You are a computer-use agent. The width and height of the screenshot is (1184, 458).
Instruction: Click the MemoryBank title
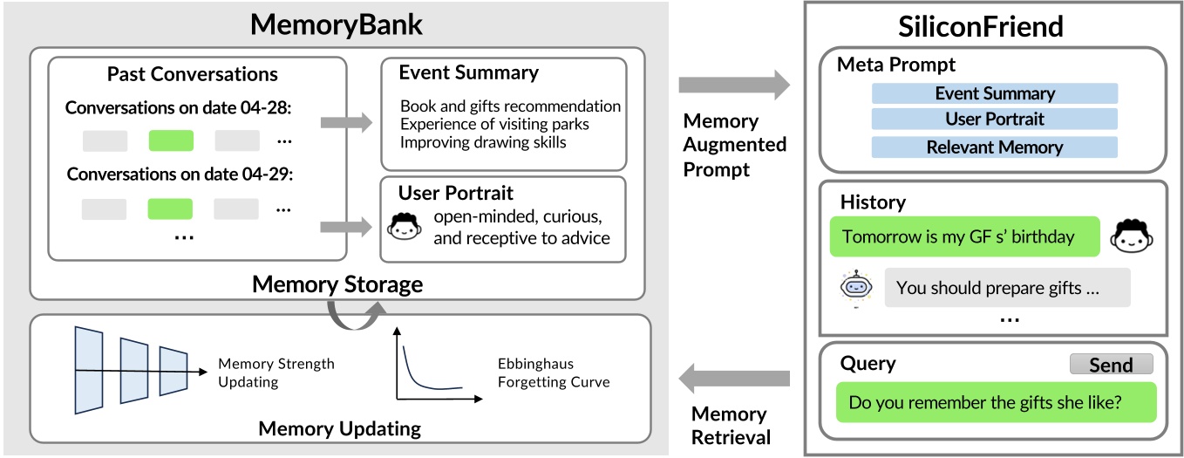(x=336, y=24)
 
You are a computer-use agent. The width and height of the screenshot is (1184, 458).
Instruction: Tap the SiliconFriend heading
(x=981, y=26)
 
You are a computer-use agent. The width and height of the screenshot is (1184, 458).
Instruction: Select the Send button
(x=1111, y=365)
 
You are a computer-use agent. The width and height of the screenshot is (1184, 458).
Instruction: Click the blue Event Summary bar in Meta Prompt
(x=994, y=93)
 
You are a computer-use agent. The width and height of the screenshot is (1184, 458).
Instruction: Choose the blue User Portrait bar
(x=994, y=120)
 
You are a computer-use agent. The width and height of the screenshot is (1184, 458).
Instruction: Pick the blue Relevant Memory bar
(x=994, y=147)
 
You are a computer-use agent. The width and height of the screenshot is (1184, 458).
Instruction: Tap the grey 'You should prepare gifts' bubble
(x=1007, y=288)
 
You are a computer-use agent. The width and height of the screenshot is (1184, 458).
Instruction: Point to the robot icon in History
(x=855, y=287)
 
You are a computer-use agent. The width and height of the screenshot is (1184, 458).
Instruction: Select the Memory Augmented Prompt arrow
(x=733, y=85)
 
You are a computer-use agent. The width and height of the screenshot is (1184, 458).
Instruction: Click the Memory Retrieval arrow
(x=733, y=379)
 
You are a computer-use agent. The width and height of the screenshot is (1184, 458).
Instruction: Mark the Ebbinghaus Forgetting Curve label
(x=554, y=373)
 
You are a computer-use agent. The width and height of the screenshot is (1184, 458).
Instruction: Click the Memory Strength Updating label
(x=276, y=373)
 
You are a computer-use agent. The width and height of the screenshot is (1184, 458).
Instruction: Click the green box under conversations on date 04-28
(x=171, y=140)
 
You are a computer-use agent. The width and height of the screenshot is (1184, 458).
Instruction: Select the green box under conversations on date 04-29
(x=171, y=208)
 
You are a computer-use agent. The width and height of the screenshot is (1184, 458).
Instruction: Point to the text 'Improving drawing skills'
(x=483, y=141)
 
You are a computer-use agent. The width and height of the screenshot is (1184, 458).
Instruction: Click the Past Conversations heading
(x=193, y=74)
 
